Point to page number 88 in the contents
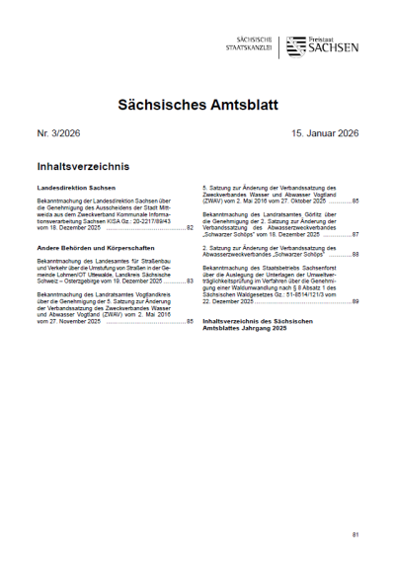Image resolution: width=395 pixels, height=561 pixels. (355, 255)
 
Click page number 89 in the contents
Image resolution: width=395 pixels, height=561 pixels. (355, 301)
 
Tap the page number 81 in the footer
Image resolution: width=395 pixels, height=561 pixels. (355, 534)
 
